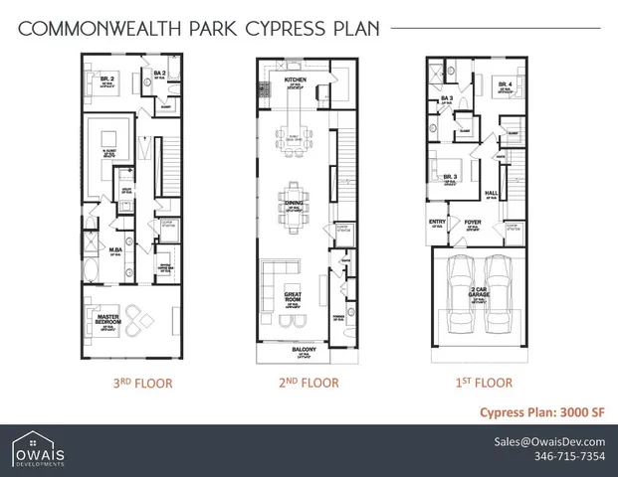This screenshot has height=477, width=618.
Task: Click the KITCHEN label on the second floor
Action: pos(296,79)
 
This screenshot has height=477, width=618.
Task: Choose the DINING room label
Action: pos(295,203)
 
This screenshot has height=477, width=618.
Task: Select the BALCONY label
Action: pos(304,350)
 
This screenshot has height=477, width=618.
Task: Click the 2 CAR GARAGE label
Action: pos(479,292)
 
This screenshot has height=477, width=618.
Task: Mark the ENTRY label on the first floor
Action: pos(437,223)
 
